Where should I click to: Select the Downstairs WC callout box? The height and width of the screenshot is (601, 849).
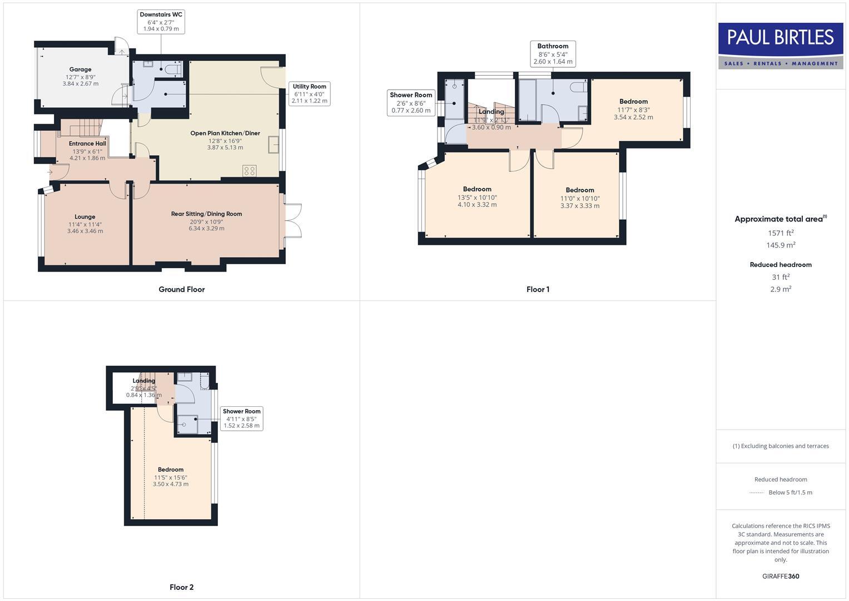coord(161,21)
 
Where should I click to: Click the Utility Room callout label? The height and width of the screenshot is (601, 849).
coord(310,93)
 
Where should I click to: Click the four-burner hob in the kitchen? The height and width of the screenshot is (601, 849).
coord(250,171)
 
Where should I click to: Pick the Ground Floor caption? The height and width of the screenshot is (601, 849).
coord(182,289)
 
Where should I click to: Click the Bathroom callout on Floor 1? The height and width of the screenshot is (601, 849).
coord(553,53)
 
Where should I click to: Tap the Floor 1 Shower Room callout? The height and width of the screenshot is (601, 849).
coord(411,102)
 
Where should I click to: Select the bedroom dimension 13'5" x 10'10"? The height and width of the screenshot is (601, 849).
coord(477,197)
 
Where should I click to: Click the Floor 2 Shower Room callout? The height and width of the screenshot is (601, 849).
coord(241,418)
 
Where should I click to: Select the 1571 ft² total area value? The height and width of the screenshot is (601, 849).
coord(781,233)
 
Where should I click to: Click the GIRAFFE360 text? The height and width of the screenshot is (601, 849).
coord(781,577)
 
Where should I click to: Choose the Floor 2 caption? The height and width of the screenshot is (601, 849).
coord(182,587)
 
